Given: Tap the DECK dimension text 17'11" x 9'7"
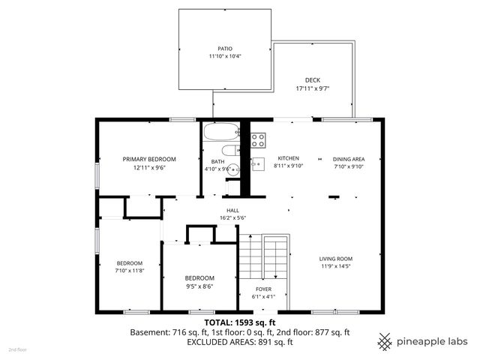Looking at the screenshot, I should click(313, 88).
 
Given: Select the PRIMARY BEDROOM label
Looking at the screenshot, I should click(149, 159).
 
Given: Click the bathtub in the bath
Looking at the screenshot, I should click(220, 133).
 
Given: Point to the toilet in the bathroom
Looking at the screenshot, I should click(232, 150).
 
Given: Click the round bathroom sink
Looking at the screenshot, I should click(233, 168).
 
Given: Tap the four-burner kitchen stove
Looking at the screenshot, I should click(258, 139).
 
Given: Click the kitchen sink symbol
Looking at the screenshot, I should click(257, 162).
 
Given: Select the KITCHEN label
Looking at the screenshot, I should click(288, 159).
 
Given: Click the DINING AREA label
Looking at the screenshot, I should click(349, 159).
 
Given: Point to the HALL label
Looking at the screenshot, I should click(232, 210).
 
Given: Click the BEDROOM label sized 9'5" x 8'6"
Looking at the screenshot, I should click(199, 277).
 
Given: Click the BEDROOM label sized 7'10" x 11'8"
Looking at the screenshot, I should click(129, 262).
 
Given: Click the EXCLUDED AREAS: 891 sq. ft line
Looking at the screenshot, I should click(241, 341).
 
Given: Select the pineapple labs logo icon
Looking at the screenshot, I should click(385, 340).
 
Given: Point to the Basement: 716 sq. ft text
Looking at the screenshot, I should click(166, 331).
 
